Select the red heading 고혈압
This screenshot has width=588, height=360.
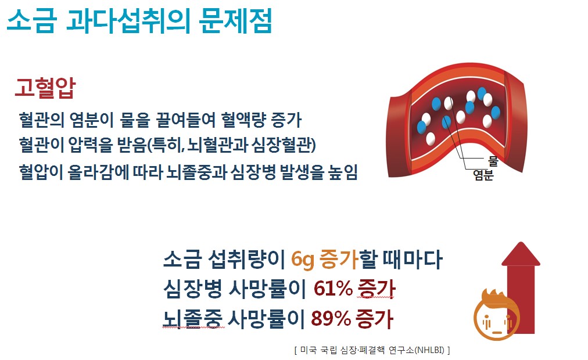coord(45,88)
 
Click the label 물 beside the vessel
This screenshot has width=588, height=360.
coord(493,161)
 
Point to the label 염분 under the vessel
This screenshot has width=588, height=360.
coord(483,175)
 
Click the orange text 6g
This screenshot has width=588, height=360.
coord(302,259)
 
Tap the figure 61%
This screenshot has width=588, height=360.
coord(333,289)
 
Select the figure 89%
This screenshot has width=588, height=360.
coord(331,318)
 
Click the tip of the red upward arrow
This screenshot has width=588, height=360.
coord(521,242)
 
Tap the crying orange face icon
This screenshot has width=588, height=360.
coord(496,315)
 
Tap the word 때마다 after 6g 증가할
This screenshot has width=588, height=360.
coord(412,259)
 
